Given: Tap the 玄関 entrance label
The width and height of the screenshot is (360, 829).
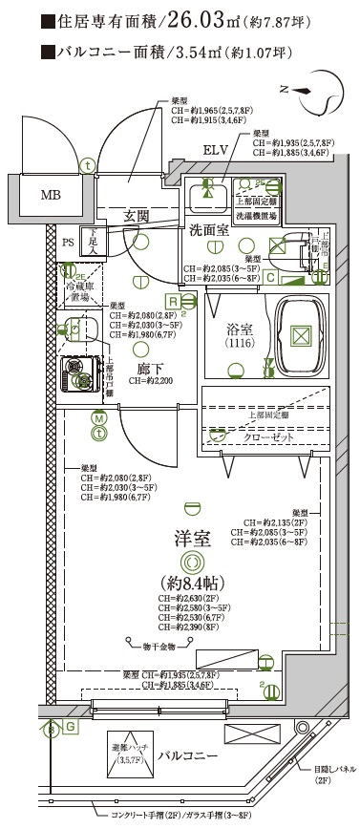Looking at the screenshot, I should click(x=137, y=217).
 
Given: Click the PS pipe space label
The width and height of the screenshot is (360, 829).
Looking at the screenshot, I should click(x=67, y=243).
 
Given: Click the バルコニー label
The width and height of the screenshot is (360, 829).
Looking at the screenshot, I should click(x=190, y=755).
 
